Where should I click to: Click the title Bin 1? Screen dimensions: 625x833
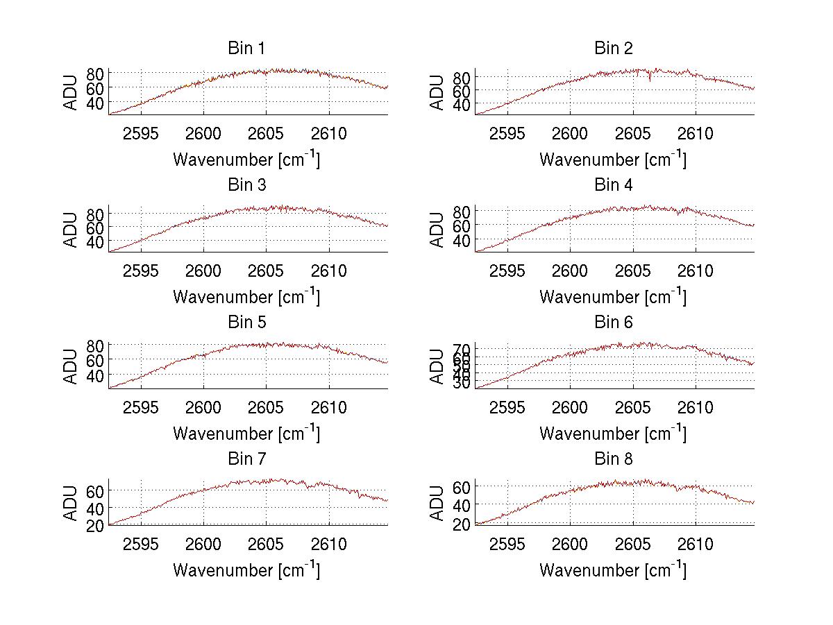246,49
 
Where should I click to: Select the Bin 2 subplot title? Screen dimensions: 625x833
614,49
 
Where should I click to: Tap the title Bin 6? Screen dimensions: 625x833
614,323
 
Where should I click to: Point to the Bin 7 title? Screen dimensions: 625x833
246,459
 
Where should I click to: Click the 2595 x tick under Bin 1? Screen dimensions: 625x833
142,133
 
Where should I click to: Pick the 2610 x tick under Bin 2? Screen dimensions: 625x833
696,133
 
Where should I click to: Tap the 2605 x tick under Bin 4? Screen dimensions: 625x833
633,271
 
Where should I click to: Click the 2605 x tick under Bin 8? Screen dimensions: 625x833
633,544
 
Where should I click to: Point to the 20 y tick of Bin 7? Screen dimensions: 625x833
96,525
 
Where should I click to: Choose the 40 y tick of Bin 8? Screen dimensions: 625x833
462,504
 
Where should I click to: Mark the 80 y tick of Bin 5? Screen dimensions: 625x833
96,345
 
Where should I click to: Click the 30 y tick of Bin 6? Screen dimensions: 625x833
462,384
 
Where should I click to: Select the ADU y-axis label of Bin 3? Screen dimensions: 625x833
71,230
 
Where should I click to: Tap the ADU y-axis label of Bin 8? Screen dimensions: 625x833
437,503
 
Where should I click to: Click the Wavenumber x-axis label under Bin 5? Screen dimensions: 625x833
246,434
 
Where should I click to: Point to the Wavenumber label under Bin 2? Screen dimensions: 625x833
613,160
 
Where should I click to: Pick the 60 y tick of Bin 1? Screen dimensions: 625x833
96,88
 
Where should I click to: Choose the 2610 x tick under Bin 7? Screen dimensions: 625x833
329,544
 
